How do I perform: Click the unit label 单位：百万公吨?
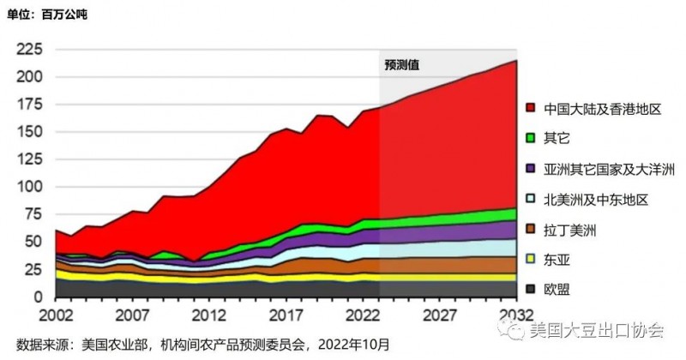click(47, 15)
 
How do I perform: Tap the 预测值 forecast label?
click(401, 64)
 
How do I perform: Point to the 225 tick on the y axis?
click(29, 50)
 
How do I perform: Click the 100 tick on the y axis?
click(29, 187)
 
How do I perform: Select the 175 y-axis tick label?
click(29, 105)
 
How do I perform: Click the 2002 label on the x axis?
click(54, 315)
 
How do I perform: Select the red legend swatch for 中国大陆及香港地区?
click(532, 109)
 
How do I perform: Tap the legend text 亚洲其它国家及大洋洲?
click(604, 170)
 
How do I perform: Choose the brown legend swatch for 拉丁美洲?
click(532, 230)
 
